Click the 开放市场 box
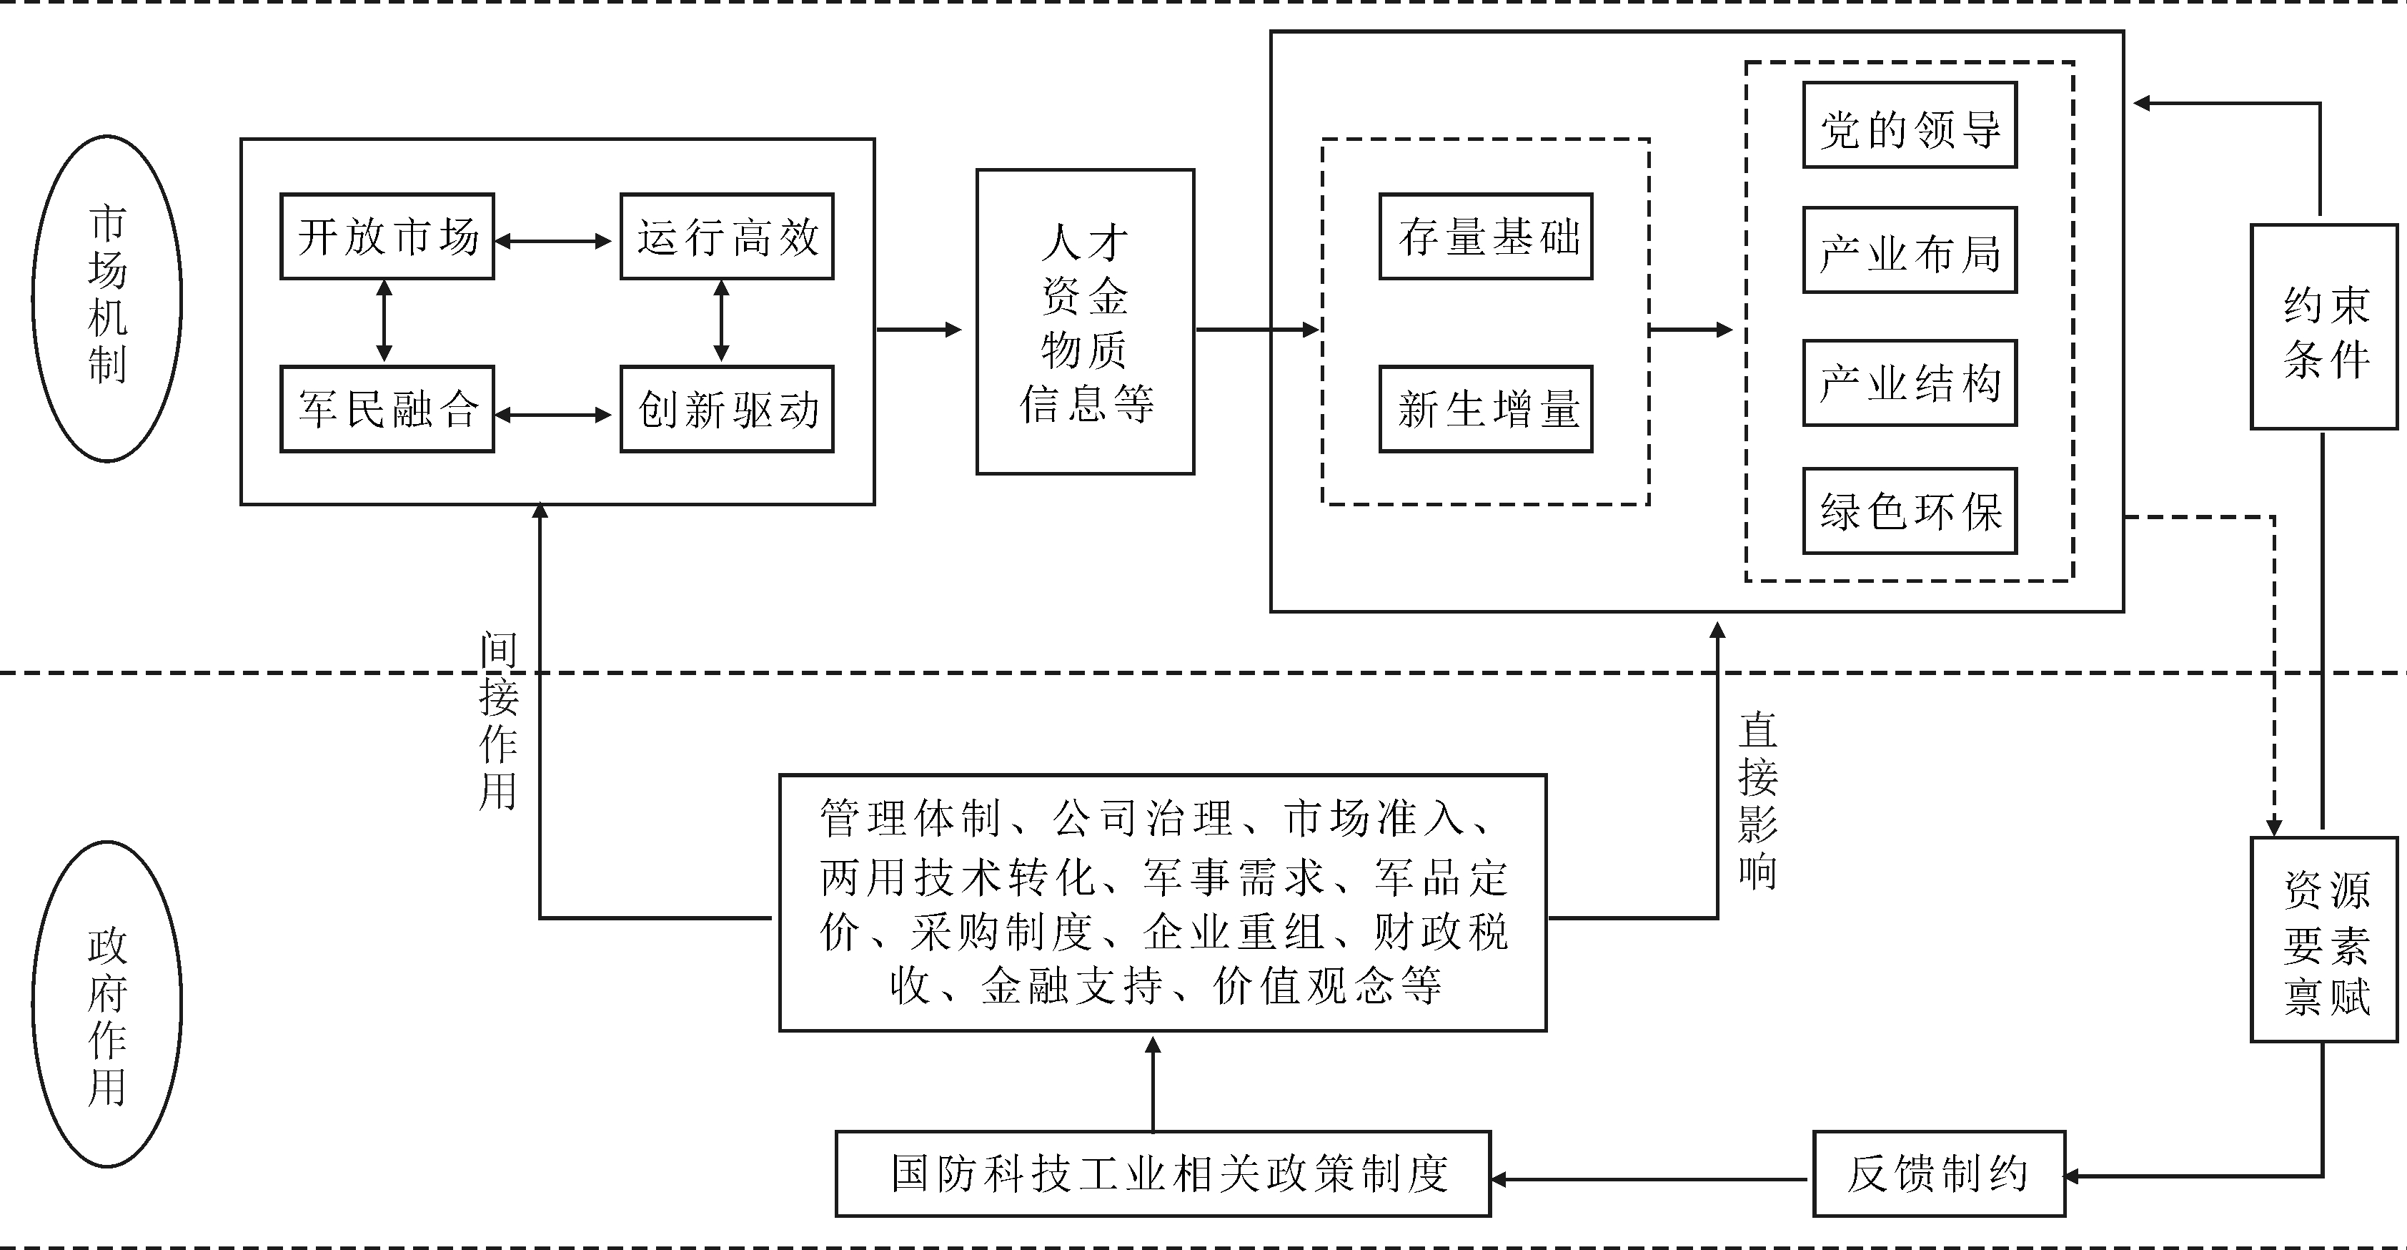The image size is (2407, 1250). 387,237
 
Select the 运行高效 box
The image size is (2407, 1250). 727,237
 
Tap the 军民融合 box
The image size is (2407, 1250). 387,410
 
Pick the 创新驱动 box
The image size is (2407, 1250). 727,410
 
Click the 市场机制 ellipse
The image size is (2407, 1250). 107,298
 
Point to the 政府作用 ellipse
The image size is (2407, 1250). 107,1004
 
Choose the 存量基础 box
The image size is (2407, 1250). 1486,237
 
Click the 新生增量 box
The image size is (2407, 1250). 1486,410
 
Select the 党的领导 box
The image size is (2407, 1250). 1910,125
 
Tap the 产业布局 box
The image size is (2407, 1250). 1910,250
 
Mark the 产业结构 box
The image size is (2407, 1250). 1910,383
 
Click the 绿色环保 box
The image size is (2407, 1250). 1910,511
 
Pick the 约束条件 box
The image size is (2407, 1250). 2324,328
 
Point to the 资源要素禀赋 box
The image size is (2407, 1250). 2324,940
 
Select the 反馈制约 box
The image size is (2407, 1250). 1938,1174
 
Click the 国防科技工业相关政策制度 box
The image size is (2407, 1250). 1162,1174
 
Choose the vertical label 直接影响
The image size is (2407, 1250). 1757,800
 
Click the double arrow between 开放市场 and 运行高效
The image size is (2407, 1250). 552,241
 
